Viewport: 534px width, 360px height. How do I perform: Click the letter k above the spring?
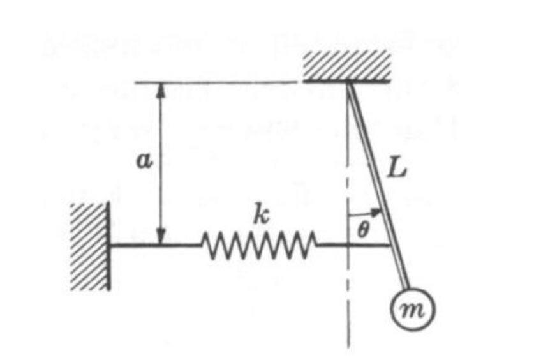tap(259, 216)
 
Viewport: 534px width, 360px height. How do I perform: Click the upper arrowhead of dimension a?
tap(161, 89)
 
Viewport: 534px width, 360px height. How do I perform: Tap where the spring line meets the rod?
tap(390, 244)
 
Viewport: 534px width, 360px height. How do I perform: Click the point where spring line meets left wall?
tap(109, 244)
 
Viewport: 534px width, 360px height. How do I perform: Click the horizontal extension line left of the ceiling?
tap(217, 82)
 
